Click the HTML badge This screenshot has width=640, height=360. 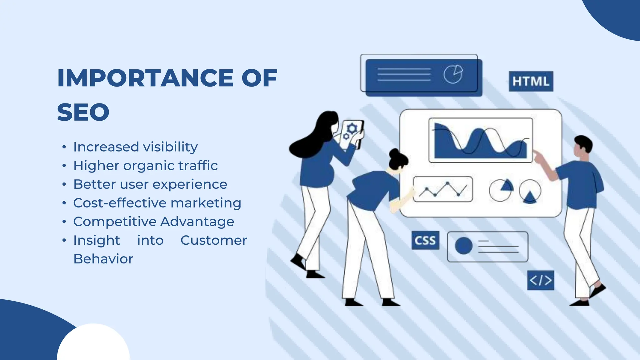(531, 81)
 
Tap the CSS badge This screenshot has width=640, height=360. (425, 240)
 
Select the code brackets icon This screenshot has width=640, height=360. (541, 280)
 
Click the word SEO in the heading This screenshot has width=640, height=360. (83, 112)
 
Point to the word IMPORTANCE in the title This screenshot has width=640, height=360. (145, 78)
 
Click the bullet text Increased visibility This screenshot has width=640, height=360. (135, 147)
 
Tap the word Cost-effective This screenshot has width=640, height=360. (120, 203)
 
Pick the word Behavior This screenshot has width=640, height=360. (103, 259)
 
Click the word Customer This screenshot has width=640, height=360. (214, 240)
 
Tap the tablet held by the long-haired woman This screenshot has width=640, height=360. (352, 135)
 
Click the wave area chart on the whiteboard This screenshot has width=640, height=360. (481, 141)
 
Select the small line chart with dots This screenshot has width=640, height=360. (442, 189)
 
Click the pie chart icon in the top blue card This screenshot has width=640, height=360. (453, 74)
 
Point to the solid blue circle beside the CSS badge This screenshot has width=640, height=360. (463, 246)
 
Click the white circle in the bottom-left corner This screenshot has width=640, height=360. (93, 344)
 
